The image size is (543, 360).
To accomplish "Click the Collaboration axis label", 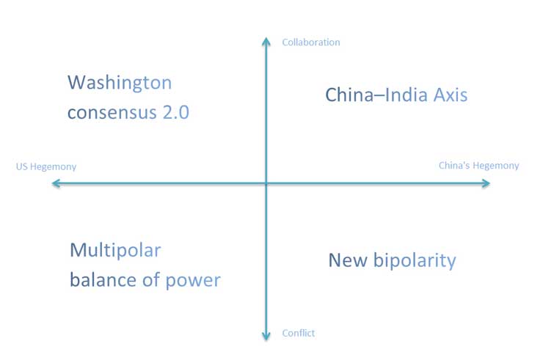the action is [311, 43].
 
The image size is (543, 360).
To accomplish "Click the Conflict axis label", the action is [299, 333].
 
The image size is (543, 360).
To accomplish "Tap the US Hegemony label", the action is [46, 167].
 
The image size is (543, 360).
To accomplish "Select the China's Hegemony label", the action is [479, 166].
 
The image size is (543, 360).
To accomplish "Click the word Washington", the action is [120, 83].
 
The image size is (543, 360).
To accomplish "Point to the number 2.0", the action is [176, 112].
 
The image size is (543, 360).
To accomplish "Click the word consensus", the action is [112, 113].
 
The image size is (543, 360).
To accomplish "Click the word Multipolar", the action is [115, 250].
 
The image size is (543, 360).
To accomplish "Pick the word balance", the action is [103, 279].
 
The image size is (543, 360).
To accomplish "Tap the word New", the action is [348, 260].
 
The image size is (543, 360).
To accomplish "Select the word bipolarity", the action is [415, 261].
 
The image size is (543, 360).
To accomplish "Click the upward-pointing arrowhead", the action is [266, 42].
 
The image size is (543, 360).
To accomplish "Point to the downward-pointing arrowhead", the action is [266, 336].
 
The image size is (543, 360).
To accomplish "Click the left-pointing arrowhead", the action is [56, 183].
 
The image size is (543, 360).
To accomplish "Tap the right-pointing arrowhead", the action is [486, 183].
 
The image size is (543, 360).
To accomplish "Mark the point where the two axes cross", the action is [266, 183].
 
